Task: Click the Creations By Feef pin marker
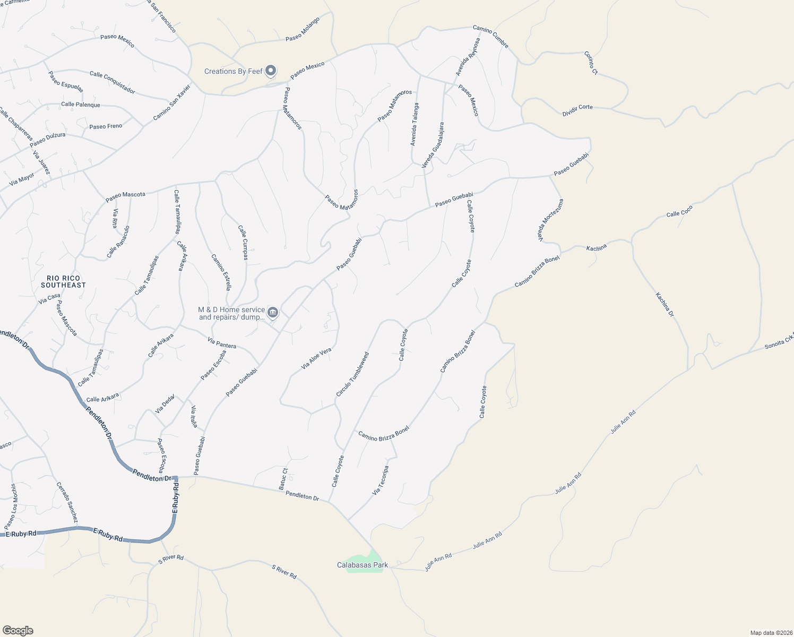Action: click(271, 70)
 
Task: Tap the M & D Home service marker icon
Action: click(273, 312)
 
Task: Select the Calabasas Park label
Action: click(363, 565)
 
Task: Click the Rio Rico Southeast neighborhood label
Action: click(63, 281)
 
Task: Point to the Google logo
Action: click(18, 631)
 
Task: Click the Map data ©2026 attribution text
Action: click(771, 633)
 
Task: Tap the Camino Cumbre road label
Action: click(491, 37)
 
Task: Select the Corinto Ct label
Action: click(591, 63)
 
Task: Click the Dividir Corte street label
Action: click(577, 110)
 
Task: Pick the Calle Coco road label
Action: click(679, 211)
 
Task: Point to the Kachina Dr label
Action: click(664, 305)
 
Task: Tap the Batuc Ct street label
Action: click(283, 479)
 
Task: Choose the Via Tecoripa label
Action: click(381, 480)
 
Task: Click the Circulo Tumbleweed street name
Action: click(352, 374)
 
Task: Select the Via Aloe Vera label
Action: click(316, 358)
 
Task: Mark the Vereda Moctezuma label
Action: click(551, 220)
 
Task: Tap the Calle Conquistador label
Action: click(112, 82)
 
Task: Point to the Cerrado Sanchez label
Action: click(67, 502)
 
